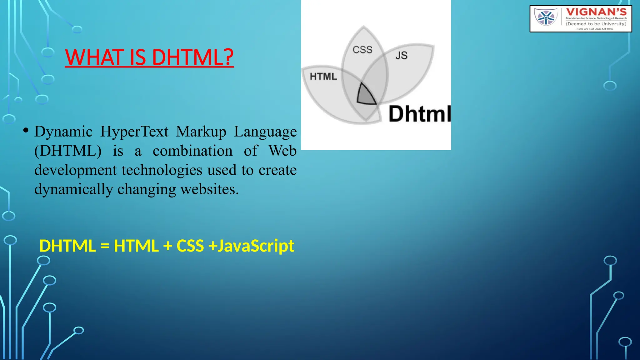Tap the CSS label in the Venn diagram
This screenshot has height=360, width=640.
pyautogui.click(x=362, y=50)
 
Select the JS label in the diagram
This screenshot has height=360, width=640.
pyautogui.click(x=401, y=56)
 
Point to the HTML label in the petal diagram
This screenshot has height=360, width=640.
pyautogui.click(x=323, y=77)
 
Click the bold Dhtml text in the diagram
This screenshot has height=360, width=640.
pyautogui.click(x=419, y=114)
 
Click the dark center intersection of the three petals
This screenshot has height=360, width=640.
pyautogui.click(x=366, y=95)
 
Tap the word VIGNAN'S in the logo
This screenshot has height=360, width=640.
pyautogui.click(x=596, y=12)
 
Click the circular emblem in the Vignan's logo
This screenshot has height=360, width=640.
pyautogui.click(x=546, y=17)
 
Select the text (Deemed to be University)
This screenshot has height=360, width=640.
pyautogui.click(x=596, y=24)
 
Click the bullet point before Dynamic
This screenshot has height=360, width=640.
pyautogui.click(x=26, y=130)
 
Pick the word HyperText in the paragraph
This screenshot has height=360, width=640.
pyautogui.click(x=134, y=132)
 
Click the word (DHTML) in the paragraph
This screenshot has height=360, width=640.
pyautogui.click(x=68, y=151)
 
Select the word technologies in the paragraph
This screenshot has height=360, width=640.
pyautogui.click(x=162, y=170)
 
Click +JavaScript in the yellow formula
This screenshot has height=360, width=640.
pyautogui.click(x=251, y=246)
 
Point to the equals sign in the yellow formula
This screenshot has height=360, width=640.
pyautogui.click(x=105, y=246)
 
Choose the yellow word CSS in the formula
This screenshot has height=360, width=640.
pyautogui.click(x=190, y=246)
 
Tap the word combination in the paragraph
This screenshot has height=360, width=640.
pyautogui.click(x=192, y=151)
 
